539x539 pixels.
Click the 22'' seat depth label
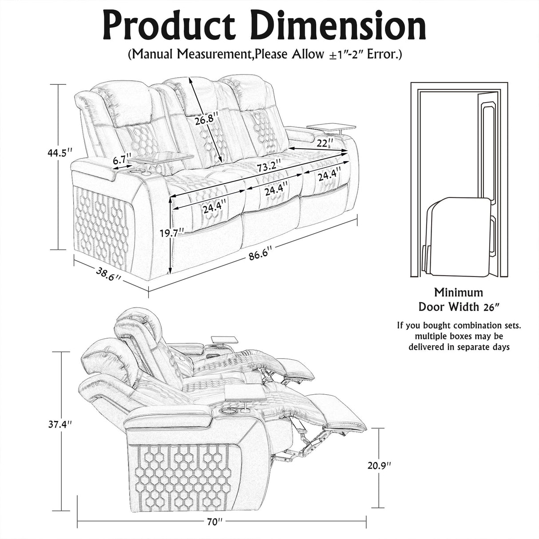tap(325, 143)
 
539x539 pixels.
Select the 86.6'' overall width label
tap(260, 256)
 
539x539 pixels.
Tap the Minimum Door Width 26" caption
tap(458, 300)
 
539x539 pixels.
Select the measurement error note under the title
tap(265, 55)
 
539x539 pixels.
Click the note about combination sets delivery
tap(459, 336)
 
